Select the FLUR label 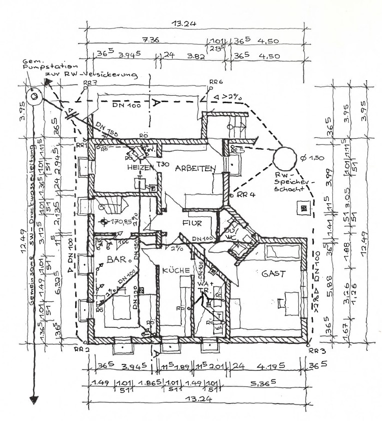[x=191, y=223]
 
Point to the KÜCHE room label [x=175, y=270]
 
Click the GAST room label [x=273, y=274]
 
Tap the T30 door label [x=161, y=165]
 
